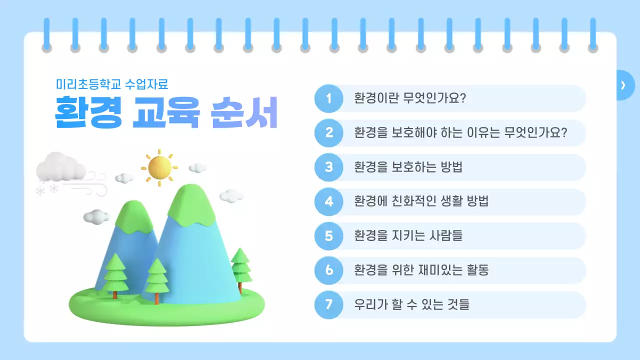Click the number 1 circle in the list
point(328,98)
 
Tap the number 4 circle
point(328,202)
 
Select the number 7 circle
point(328,305)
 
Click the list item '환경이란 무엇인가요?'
point(410,98)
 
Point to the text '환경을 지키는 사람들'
point(408,236)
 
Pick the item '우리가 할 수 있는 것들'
point(412,305)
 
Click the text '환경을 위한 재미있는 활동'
point(421,270)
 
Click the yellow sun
point(159,167)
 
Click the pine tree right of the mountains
point(240,265)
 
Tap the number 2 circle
point(328,133)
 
